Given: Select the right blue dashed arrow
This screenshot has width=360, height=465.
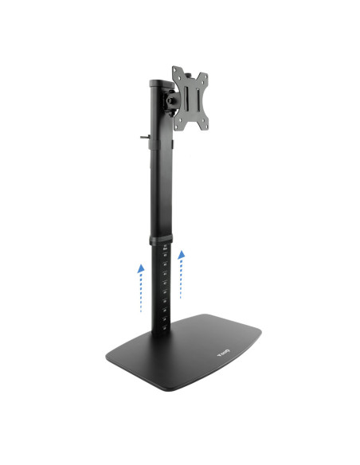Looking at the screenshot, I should click(x=182, y=275).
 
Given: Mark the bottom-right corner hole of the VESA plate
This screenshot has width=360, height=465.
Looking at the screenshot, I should click(x=207, y=123).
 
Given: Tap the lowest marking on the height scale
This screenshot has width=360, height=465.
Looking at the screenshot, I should click(x=163, y=320).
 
